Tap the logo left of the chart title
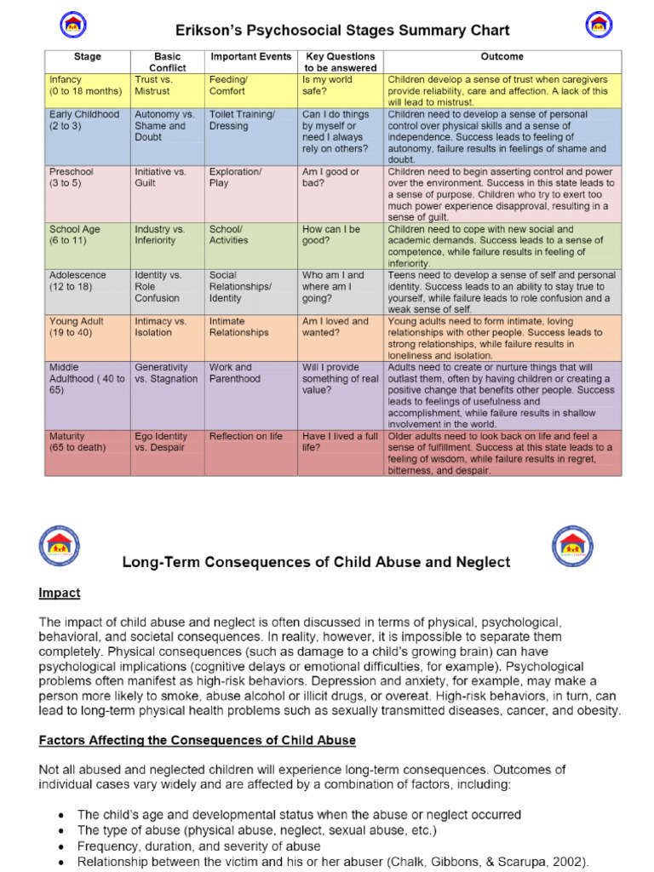[x=73, y=25]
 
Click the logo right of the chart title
[x=599, y=25]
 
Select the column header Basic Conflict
[x=167, y=62]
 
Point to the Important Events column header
[x=251, y=57]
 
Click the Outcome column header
[x=502, y=57]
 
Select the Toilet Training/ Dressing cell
[x=242, y=120]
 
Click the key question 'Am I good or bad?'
[x=330, y=177]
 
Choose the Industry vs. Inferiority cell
[x=159, y=235]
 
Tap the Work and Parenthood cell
[x=234, y=373]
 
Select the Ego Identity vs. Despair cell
[x=160, y=442]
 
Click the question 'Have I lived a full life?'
[x=339, y=442]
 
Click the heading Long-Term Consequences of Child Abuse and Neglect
[x=316, y=562]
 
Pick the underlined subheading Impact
[x=60, y=593]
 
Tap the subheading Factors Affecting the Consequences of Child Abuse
[x=197, y=740]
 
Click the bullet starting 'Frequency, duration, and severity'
[x=198, y=846]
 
